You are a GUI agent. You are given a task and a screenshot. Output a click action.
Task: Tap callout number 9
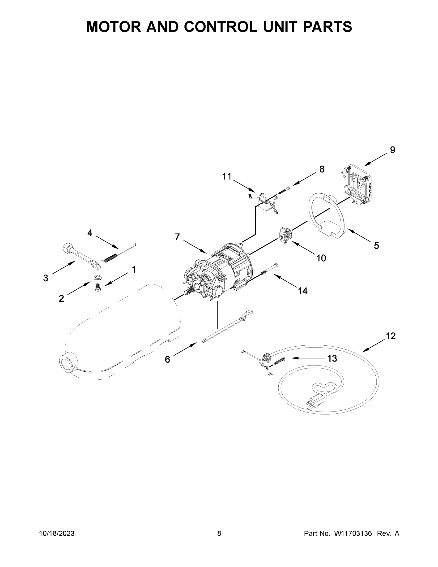click(392, 150)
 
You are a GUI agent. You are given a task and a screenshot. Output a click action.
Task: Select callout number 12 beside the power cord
click(391, 336)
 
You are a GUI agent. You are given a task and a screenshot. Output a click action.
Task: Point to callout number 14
click(302, 291)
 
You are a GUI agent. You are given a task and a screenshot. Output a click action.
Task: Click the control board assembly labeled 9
click(358, 185)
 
